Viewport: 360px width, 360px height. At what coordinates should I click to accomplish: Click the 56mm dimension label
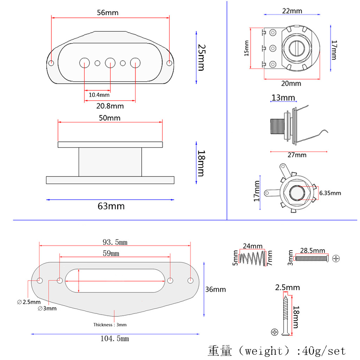pyautogui.click(x=108, y=13)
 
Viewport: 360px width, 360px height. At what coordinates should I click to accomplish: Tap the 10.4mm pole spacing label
pyautogui.click(x=99, y=95)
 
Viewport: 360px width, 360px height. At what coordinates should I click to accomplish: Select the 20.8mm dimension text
pyautogui.click(x=110, y=106)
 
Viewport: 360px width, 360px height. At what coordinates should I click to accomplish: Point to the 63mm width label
pyautogui.click(x=111, y=206)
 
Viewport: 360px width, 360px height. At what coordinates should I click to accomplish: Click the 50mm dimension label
pyautogui.click(x=109, y=118)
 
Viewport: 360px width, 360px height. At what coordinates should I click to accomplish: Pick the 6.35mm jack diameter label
pyautogui.click(x=330, y=193)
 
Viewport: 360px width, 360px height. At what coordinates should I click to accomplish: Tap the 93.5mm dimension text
pyautogui.click(x=115, y=242)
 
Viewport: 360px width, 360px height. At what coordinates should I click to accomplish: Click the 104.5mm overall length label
pyautogui.click(x=115, y=339)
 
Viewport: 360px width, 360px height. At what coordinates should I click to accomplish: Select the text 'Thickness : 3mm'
pyautogui.click(x=110, y=325)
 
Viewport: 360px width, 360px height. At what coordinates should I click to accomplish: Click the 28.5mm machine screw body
pyautogui.click(x=311, y=258)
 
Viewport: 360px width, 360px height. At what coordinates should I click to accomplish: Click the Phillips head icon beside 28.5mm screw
pyautogui.click(x=336, y=258)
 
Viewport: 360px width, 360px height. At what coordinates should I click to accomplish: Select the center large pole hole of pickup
pyautogui.click(x=110, y=63)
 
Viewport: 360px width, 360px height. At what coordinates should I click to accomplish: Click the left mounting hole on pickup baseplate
pyautogui.click(x=51, y=63)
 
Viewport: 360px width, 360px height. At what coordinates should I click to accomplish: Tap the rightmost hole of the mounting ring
pyautogui.click(x=191, y=280)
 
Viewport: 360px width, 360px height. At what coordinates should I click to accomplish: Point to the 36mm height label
pyautogui.click(x=215, y=290)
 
